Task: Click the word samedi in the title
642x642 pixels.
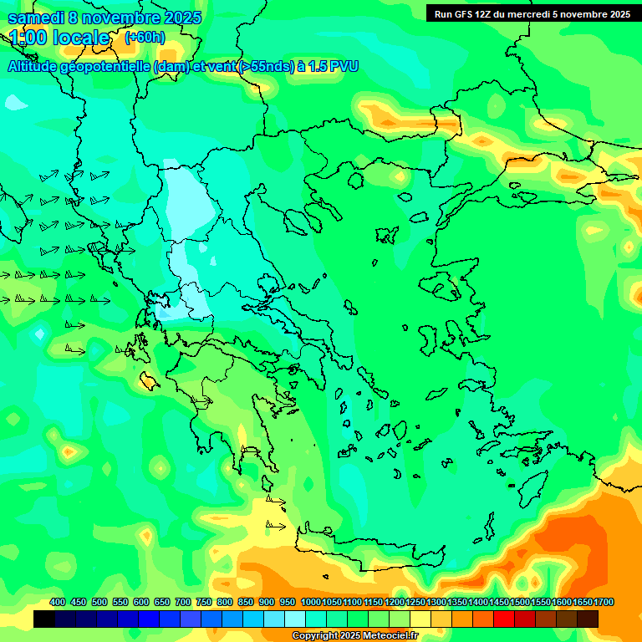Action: [36, 18]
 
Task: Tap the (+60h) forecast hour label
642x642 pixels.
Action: [145, 38]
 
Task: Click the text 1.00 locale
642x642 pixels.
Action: [59, 38]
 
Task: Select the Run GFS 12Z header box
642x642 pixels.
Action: [532, 13]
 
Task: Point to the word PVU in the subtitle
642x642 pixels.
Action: [342, 66]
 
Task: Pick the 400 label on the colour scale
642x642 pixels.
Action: [58, 603]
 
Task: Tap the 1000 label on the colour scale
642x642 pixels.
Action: [310, 603]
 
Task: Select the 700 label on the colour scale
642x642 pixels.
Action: [183, 603]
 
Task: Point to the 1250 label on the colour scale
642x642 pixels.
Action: [415, 603]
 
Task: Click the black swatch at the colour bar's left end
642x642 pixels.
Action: [44, 619]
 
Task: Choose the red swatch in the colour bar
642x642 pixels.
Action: [504, 619]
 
